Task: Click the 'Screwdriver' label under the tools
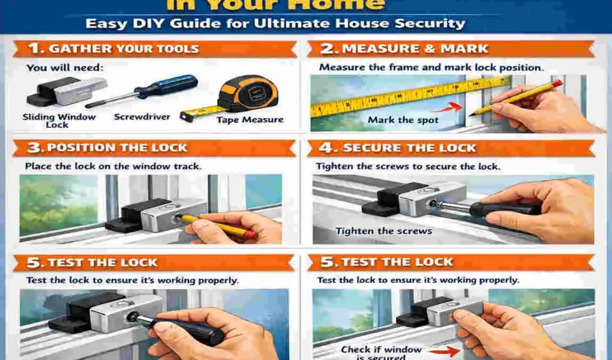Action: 142,117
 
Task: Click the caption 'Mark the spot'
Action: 403,120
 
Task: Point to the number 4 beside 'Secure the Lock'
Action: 327,148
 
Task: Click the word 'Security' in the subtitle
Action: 427,24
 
